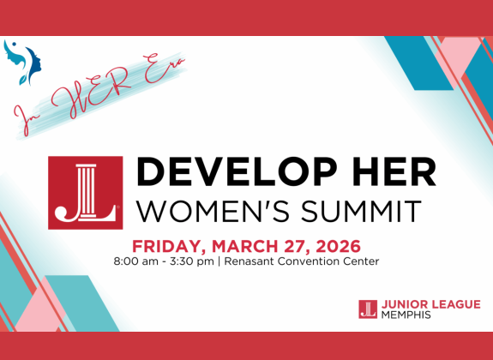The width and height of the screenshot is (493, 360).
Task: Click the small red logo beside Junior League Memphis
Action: pos(368,309)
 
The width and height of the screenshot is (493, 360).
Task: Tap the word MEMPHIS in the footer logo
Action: pos(406,315)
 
